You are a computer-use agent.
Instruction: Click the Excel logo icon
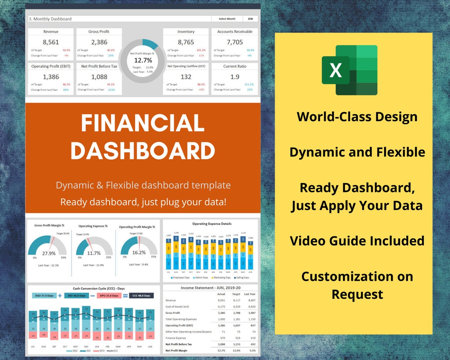[350, 70]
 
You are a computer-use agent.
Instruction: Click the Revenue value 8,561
[51, 42]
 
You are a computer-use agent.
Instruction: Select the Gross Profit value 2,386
[99, 42]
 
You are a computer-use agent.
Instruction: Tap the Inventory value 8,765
[186, 42]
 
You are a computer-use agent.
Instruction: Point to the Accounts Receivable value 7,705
[235, 42]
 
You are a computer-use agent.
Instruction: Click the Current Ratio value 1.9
[235, 77]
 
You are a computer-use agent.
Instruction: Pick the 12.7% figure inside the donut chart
[142, 60]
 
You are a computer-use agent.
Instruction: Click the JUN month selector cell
[250, 19]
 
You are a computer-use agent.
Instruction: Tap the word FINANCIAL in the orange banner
[142, 123]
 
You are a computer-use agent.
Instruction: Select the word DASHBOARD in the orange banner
[142, 150]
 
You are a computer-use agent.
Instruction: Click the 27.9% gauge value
[49, 253]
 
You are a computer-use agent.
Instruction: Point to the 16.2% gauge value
[139, 252]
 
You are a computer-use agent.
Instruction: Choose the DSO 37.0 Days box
[44, 295]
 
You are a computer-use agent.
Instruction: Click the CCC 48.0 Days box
[141, 295]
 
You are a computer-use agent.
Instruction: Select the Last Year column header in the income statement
[250, 294]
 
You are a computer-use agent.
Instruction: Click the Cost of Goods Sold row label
[177, 306]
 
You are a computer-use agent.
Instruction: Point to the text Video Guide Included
[357, 241]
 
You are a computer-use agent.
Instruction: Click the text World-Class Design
[357, 117]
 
